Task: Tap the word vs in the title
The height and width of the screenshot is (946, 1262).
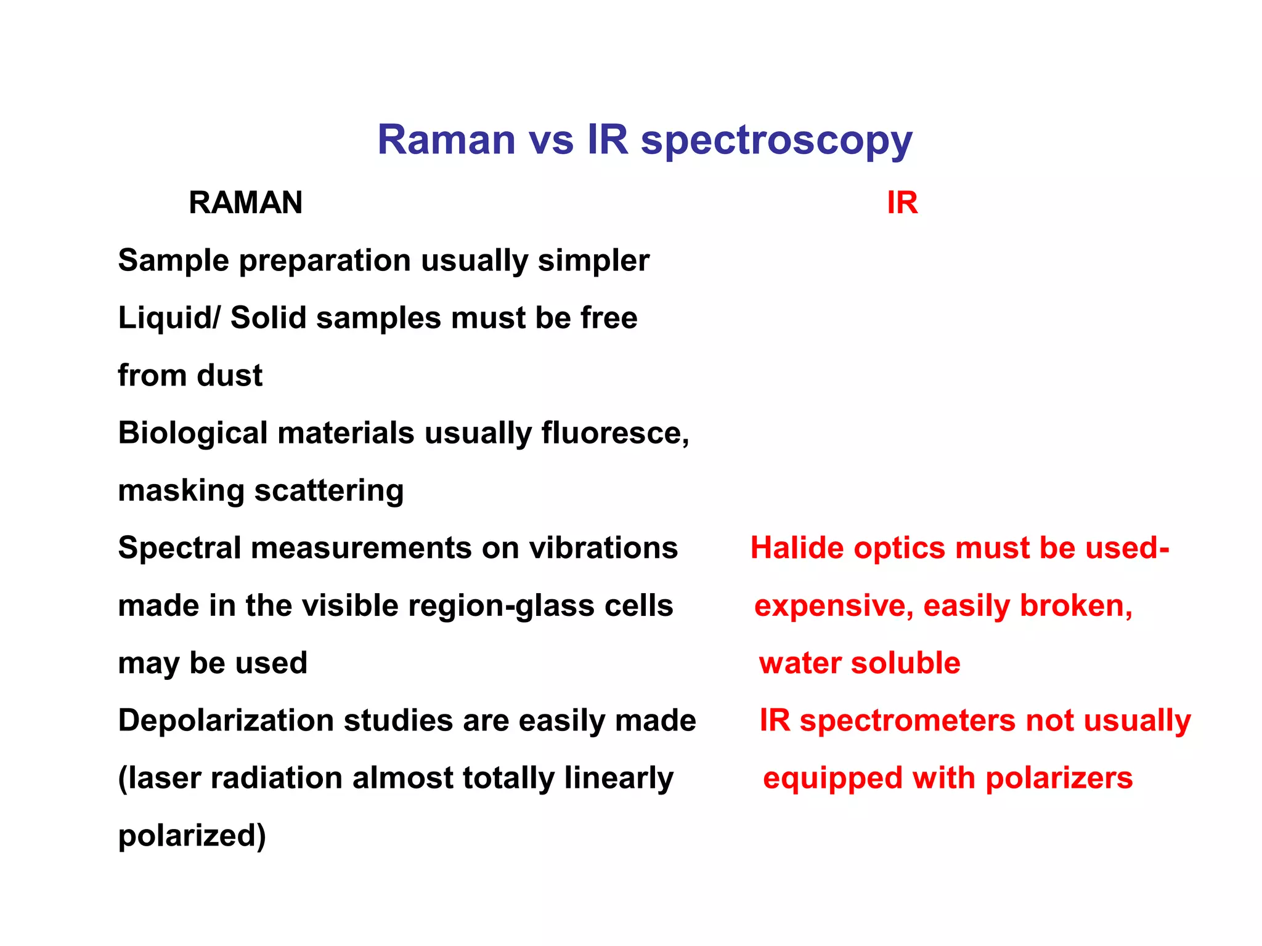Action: coord(551,140)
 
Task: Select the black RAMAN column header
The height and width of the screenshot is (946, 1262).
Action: coord(245,203)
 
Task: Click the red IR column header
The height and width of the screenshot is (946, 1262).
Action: coord(902,203)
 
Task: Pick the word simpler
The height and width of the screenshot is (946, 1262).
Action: coord(593,261)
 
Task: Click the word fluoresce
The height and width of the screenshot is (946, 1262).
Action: coord(615,433)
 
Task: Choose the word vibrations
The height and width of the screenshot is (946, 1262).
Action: coord(603,548)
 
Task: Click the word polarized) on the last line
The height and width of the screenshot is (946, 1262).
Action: coord(192,836)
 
